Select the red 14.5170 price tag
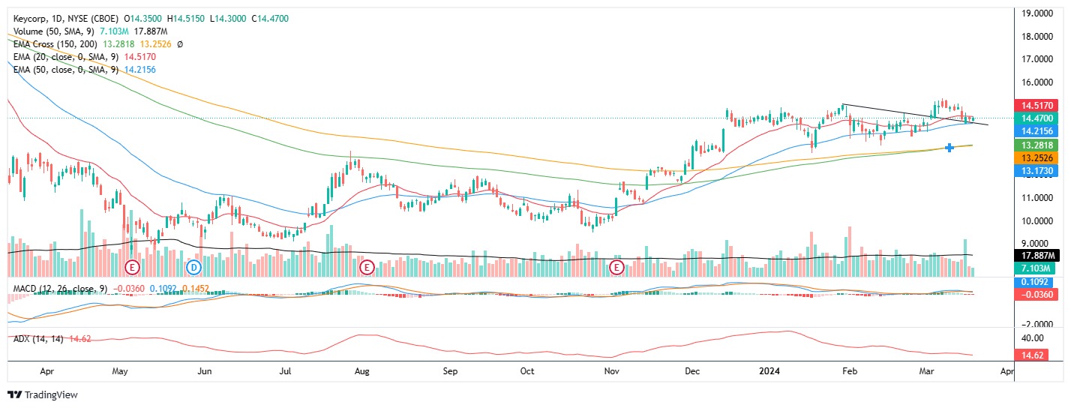pos(1033,106)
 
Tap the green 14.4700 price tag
pos(1033,118)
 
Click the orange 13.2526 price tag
pos(1033,158)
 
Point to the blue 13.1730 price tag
pos(1033,171)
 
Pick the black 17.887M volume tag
pos(1033,256)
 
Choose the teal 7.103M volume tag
pos(1033,268)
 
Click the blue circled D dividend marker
pos(194,267)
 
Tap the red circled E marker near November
pos(617,267)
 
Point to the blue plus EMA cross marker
pos(949,148)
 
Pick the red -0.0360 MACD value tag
pos(1033,295)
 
